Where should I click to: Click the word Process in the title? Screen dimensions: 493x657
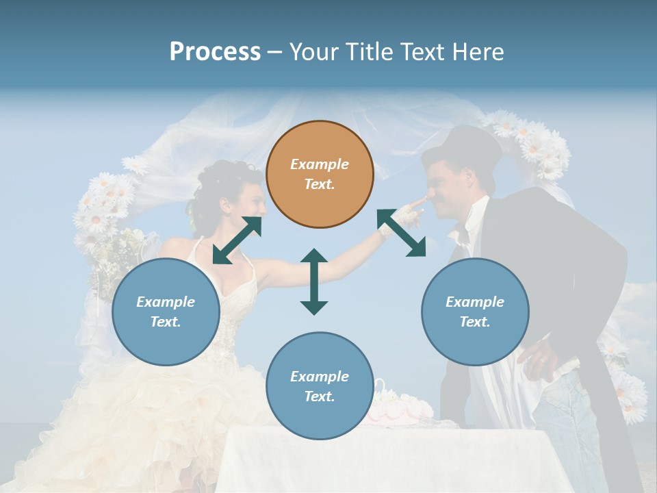215,51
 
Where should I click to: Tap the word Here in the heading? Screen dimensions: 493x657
476,51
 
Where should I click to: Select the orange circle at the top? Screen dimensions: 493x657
320,174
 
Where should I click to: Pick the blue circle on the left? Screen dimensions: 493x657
166,312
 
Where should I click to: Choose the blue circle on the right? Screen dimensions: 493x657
475,312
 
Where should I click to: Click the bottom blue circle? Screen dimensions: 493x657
320,386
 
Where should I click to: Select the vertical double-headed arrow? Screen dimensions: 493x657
314,281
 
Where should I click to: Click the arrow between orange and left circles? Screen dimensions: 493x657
237,240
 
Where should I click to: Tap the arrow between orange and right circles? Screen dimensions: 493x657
402,233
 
